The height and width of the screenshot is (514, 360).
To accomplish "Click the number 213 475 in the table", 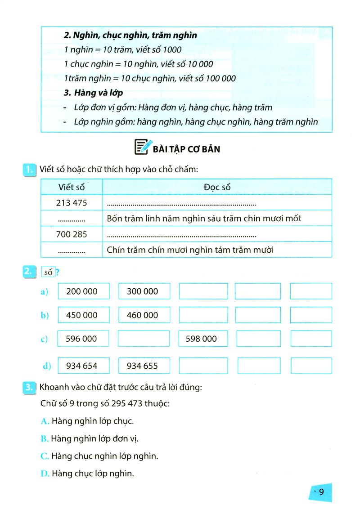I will click(72, 203).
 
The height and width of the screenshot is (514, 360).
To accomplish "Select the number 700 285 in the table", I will click(72, 234).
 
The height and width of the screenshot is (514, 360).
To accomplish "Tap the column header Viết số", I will click(71, 187).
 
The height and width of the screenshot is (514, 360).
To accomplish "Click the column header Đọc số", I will click(217, 187).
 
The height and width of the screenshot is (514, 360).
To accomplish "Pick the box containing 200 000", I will click(84, 291).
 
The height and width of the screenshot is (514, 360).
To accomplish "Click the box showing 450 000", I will click(84, 315).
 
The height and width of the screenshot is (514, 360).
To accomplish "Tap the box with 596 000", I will click(84, 339).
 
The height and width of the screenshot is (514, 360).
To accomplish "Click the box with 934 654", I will click(84, 366).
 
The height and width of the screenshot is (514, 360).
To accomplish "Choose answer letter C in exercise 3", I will click(44, 456).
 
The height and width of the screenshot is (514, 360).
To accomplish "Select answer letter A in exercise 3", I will click(44, 421).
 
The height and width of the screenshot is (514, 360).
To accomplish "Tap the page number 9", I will click(321, 492).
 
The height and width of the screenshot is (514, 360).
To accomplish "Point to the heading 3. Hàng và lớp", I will click(93, 93).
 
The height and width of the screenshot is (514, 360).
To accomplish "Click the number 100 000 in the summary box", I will click(220, 78).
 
